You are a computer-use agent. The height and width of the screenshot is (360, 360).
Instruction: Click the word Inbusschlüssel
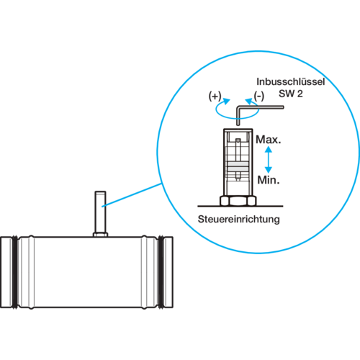(x=290, y=82)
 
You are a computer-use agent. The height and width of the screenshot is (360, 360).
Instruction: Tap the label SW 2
(x=291, y=94)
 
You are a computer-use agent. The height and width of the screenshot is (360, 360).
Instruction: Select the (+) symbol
(x=215, y=96)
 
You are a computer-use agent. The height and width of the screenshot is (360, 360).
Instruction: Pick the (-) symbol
(x=259, y=96)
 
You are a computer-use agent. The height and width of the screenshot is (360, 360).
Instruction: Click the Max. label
(x=268, y=140)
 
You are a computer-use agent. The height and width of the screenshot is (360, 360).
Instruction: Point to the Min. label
(x=269, y=180)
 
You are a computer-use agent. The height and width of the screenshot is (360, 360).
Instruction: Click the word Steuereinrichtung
(x=239, y=220)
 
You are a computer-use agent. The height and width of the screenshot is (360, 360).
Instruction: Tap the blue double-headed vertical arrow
(x=269, y=160)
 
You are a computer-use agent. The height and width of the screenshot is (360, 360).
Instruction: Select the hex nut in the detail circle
(x=238, y=201)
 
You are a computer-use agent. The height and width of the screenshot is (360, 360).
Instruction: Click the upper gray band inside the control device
(x=238, y=164)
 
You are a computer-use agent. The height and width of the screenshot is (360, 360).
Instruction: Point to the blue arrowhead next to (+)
(x=226, y=101)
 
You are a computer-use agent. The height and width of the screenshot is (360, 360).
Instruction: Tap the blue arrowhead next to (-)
(x=248, y=102)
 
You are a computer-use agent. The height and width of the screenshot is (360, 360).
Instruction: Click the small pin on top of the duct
(x=100, y=212)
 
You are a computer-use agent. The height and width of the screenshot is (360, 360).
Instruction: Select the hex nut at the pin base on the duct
(x=100, y=235)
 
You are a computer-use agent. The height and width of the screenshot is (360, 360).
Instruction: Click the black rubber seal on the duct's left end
(x=15, y=272)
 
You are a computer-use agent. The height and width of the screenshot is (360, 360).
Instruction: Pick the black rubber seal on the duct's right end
(x=161, y=272)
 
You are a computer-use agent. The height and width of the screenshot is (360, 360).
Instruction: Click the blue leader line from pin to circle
(x=132, y=195)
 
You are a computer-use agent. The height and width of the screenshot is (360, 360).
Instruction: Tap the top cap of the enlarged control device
(x=238, y=130)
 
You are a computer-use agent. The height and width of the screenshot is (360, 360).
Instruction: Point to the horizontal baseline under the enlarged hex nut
(x=240, y=206)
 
